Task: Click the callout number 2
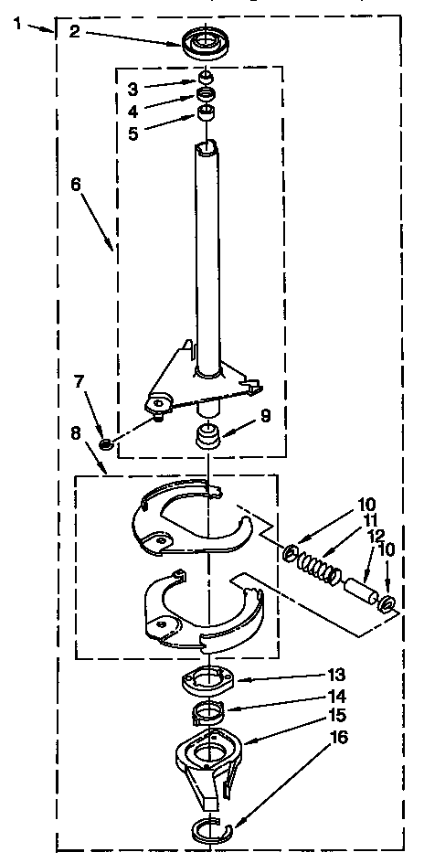pyautogui.click(x=75, y=32)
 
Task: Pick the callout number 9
pyautogui.click(x=265, y=417)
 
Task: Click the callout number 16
pyautogui.click(x=339, y=738)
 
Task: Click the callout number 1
pyautogui.click(x=20, y=26)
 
